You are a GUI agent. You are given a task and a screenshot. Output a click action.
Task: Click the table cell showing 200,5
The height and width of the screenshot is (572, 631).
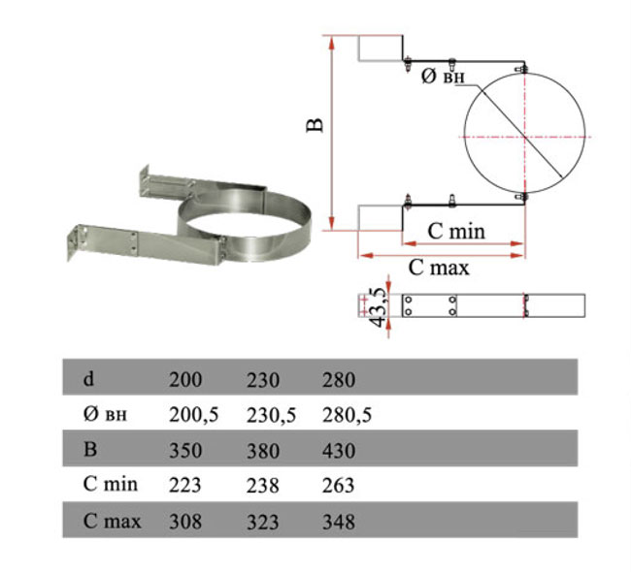[193, 415]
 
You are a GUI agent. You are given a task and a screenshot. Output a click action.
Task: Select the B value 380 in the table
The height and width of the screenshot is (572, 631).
[263, 450]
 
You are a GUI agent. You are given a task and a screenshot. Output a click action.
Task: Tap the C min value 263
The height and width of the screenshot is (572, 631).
[339, 485]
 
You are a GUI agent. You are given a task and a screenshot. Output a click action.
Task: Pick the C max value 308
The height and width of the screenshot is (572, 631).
[185, 522]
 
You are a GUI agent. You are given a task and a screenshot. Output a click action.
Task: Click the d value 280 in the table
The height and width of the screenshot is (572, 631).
[339, 379]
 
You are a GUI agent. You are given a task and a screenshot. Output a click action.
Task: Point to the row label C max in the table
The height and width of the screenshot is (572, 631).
[112, 522]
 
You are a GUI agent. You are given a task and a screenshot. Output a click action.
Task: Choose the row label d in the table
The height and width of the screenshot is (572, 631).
[88, 379]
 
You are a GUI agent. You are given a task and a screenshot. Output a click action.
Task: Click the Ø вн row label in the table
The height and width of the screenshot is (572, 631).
[105, 414]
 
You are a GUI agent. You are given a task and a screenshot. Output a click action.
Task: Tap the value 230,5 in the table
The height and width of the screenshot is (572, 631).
[271, 415]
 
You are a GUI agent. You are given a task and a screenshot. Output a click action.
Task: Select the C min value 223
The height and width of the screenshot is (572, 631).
[185, 485]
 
